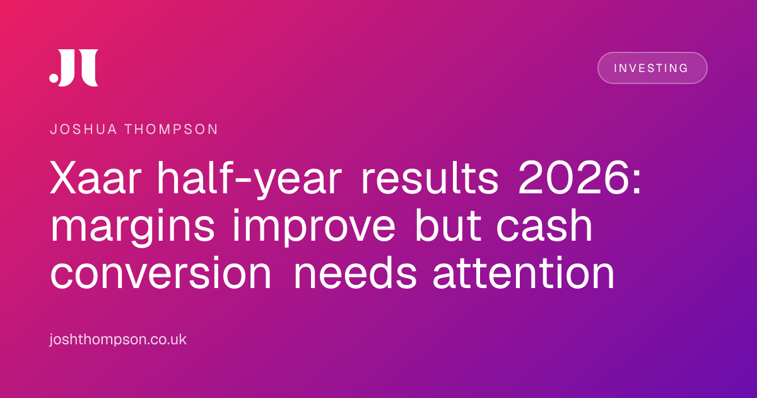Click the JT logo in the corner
pos(74,68)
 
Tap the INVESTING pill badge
pos(652,68)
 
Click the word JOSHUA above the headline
pos(83,130)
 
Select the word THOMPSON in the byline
pos(172,130)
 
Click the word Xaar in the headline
pos(95,178)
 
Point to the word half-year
pos(249,179)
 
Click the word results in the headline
pos(430,178)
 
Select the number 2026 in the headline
pos(574,178)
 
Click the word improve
pos(314,227)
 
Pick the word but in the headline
pos(448,225)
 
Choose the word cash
pos(544,225)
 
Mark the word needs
pos(356,273)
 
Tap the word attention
pos(524,273)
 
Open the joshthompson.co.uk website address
pos(118,339)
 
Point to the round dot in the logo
pos(54,78)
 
